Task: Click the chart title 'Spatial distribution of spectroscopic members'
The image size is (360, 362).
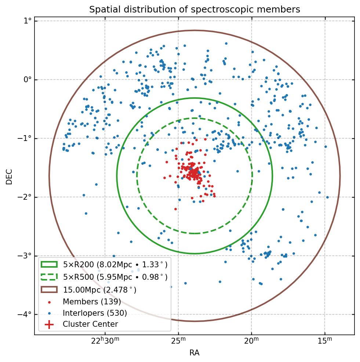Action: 194,10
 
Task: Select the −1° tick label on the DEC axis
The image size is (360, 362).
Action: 25,138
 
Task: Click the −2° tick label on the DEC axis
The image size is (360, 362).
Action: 25,197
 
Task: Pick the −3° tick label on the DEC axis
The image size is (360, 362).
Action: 25,256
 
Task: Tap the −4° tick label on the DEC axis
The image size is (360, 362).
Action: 25,315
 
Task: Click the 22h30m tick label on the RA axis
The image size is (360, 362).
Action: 105,341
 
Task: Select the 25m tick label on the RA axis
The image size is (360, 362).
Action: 178,341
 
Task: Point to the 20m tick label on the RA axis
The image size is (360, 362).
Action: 252,341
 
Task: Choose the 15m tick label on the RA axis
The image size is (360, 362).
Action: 325,341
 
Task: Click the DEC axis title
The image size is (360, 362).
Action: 9,176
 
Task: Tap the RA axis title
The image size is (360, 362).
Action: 194,353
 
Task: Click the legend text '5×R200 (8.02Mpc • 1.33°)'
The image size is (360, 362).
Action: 115,264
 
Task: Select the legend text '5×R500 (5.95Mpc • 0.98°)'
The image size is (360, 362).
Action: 115,277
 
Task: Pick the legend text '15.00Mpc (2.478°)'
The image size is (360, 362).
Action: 100,290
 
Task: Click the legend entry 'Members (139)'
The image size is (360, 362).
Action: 92,301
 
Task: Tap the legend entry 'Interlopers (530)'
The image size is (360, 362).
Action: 95,313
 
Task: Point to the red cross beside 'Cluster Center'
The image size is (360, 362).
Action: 49,324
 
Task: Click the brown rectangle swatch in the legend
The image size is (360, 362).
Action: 49,290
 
